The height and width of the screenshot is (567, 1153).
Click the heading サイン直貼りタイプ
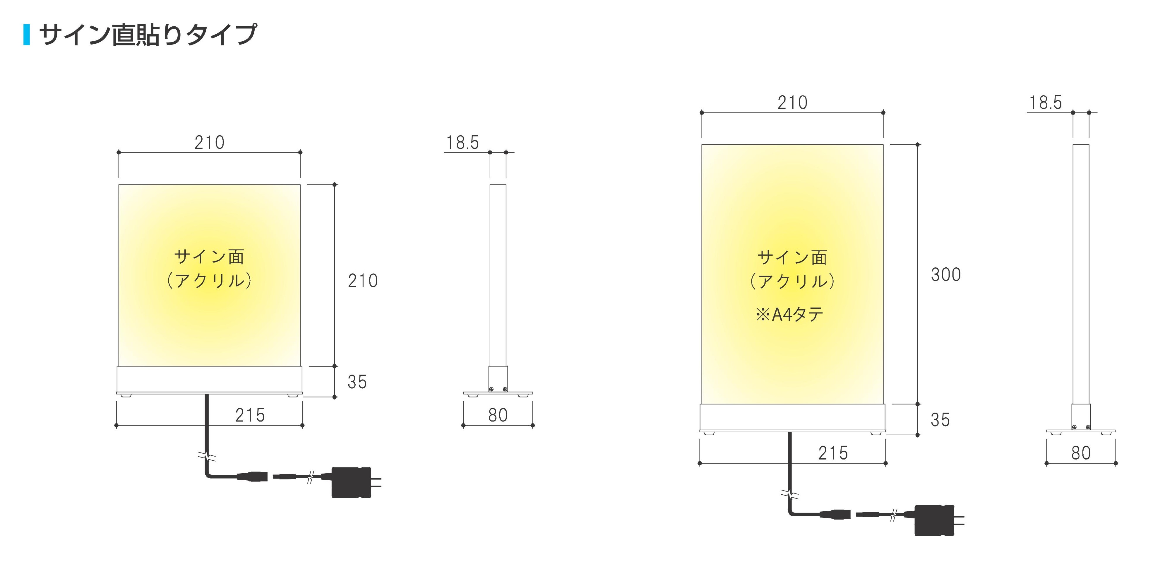[x=148, y=35]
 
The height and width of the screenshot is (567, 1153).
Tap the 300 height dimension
[x=946, y=274]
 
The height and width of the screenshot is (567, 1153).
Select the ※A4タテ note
[x=789, y=315]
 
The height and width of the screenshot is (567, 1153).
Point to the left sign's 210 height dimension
[x=363, y=281]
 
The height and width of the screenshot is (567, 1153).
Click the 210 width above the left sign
[x=210, y=142]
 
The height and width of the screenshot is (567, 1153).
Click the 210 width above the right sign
[x=793, y=103]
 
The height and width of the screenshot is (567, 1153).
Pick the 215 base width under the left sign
[x=250, y=415]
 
